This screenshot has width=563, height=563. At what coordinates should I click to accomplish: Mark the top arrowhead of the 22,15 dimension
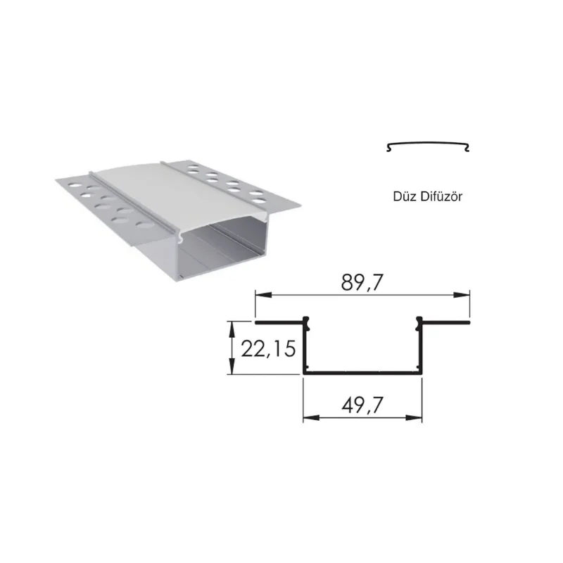pos(232,326)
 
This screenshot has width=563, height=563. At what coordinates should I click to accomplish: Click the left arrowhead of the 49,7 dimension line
pos(308,417)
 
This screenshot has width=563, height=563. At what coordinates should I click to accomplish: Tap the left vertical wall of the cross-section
pos(305,348)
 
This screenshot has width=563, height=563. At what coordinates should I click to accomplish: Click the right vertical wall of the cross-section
pos(421,348)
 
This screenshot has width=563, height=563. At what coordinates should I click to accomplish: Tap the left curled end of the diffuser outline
pos(388,147)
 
